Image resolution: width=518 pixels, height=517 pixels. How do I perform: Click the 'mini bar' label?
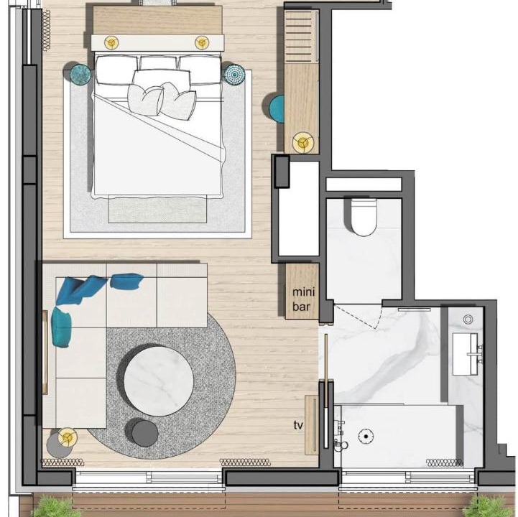tap(303, 299)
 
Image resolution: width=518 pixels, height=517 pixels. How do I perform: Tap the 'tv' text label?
tap(298, 425)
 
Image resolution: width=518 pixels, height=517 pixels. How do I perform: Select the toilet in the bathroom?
tap(364, 217)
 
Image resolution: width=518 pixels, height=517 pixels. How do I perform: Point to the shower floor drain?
tap(366, 437)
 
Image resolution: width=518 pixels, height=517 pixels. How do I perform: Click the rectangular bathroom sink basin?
tap(465, 354)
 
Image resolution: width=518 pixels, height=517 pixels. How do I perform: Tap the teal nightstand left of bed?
tap(80, 74)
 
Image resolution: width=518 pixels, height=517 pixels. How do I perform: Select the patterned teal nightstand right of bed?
tap(234, 74)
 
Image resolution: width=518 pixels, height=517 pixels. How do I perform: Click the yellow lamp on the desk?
tap(302, 143)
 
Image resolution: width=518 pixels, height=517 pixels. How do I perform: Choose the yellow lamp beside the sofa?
tap(68, 437)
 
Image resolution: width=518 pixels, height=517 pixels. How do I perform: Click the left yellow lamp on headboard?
tap(111, 42)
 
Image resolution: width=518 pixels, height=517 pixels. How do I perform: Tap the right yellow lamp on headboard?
tap(201, 42)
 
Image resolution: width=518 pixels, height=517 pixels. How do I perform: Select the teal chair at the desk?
tap(277, 109)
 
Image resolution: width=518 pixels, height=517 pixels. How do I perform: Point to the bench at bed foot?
tap(157, 209)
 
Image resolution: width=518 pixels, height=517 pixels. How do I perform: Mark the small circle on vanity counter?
tap(468, 320)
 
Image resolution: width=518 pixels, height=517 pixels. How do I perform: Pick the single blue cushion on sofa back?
tap(127, 281)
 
